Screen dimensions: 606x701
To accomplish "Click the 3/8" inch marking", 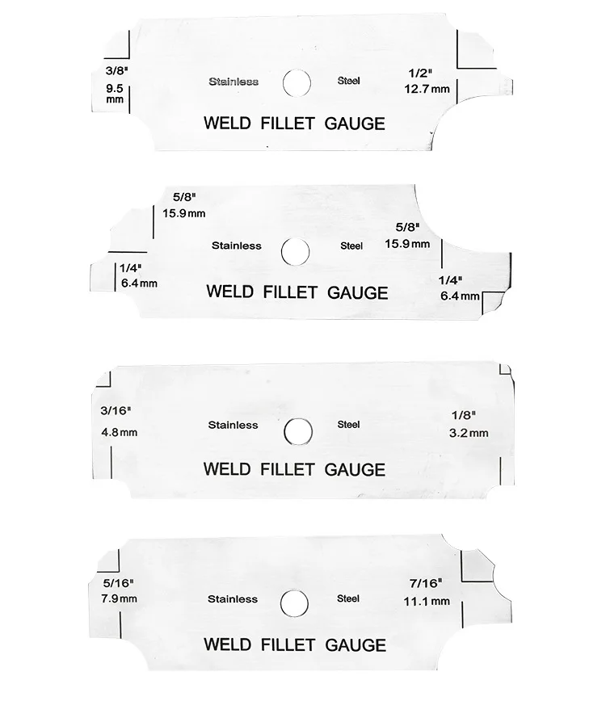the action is coord(116,70).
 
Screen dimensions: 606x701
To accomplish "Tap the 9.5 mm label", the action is coord(115,94).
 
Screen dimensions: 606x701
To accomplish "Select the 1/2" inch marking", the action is coord(420,73).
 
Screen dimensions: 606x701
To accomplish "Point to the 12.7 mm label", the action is coord(427,89).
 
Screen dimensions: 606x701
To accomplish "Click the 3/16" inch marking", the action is coord(116,410).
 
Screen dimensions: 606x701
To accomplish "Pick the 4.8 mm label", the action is coord(119,432).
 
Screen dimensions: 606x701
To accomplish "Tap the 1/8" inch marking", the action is coord(463,415).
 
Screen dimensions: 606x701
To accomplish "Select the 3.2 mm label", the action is coord(469,433).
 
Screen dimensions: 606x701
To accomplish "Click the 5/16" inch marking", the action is coord(119,583).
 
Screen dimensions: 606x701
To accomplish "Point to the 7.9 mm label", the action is coord(119,598).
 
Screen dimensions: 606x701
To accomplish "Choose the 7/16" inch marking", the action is coord(426,583).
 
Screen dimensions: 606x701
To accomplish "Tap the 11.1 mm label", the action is coord(427,602).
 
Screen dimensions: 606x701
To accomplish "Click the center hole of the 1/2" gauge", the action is coord(297,83).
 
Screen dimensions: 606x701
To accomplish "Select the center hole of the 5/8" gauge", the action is coord(295,251).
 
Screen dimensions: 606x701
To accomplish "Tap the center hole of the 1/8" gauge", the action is coord(298,431).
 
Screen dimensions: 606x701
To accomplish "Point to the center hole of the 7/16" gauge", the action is coord(294,603).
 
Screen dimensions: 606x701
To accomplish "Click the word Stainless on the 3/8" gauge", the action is coord(234,82).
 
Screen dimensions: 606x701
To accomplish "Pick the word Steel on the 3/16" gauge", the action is coord(348,424).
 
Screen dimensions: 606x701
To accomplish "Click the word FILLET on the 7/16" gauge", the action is coord(288,644).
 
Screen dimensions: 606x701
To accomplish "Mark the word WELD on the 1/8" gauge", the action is coord(228,469).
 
